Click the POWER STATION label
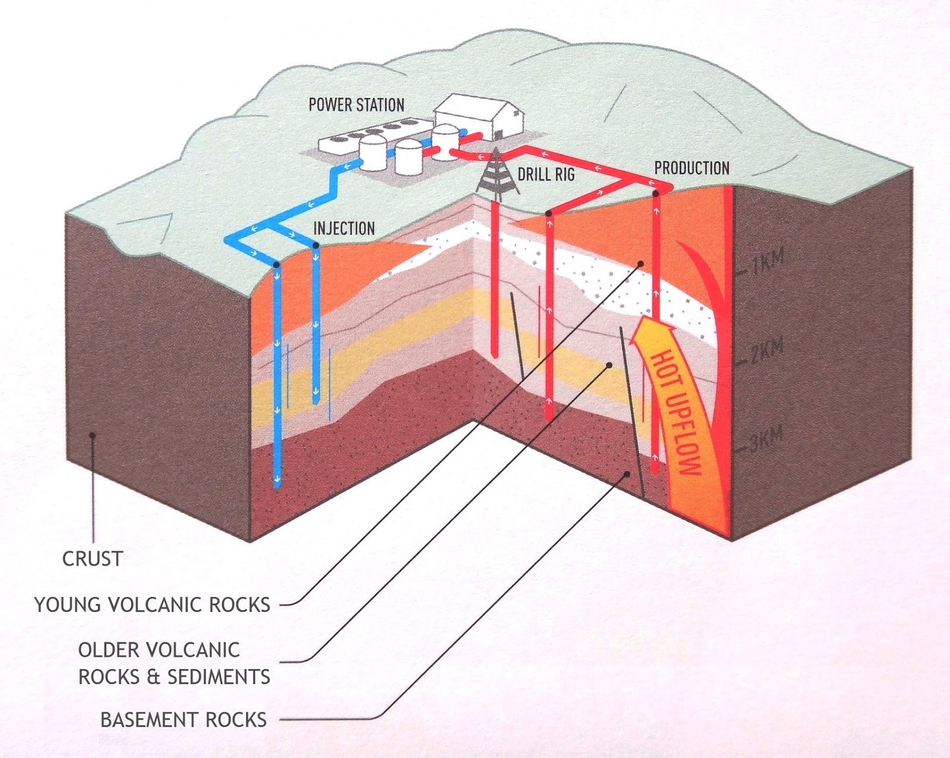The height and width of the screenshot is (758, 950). click(x=356, y=105)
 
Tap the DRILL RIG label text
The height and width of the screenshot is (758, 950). click(x=546, y=175)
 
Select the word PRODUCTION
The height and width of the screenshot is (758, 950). click(x=692, y=168)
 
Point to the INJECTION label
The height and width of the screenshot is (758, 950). click(x=344, y=229)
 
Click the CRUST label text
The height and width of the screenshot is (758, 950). click(x=93, y=559)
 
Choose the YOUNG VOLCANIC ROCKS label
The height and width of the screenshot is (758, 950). click(x=153, y=605)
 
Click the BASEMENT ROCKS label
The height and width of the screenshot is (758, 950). click(x=183, y=720)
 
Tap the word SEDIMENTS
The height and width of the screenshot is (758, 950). click(x=219, y=677)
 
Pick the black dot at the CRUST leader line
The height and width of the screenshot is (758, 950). click(x=93, y=435)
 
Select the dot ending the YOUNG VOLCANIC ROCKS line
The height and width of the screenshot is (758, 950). click(x=641, y=264)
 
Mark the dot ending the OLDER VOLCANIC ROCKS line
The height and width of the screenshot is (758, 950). click(x=609, y=365)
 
